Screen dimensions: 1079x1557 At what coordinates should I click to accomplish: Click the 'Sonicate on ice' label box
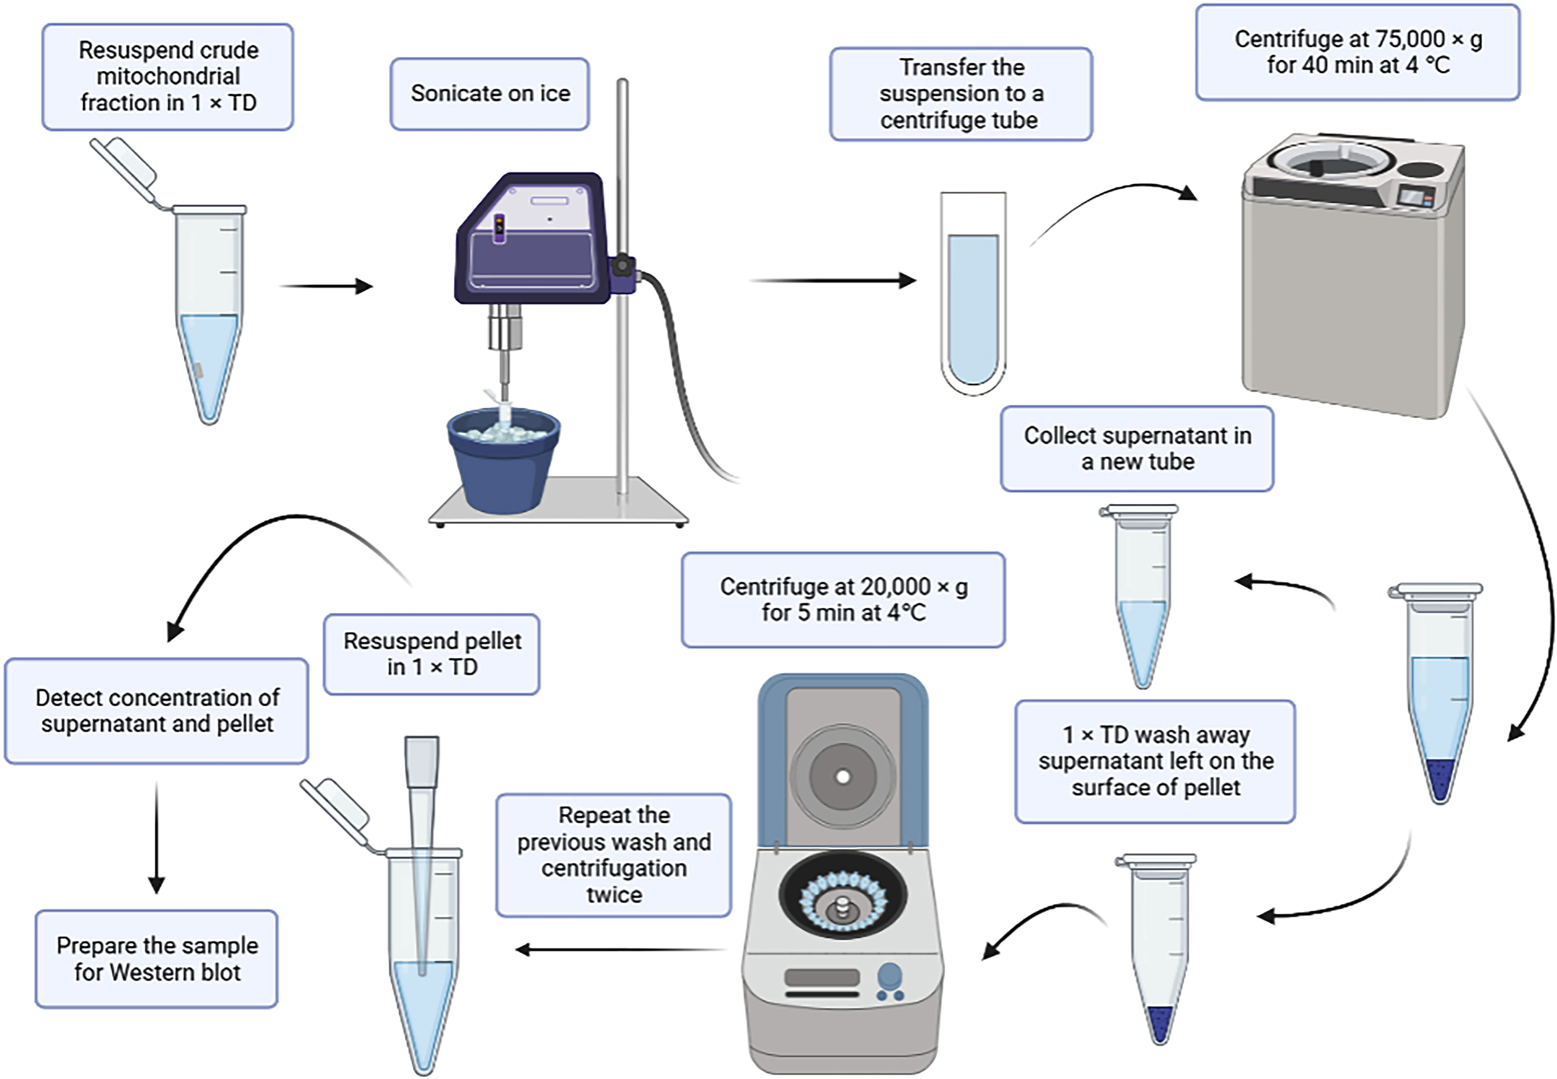[490, 93]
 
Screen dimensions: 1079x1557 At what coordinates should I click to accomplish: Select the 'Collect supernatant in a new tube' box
[1137, 448]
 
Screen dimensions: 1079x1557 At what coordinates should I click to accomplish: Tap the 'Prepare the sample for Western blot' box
[157, 959]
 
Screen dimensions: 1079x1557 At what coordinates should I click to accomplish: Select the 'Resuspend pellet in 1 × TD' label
[432, 654]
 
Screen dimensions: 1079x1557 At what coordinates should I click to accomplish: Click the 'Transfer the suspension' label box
[961, 94]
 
